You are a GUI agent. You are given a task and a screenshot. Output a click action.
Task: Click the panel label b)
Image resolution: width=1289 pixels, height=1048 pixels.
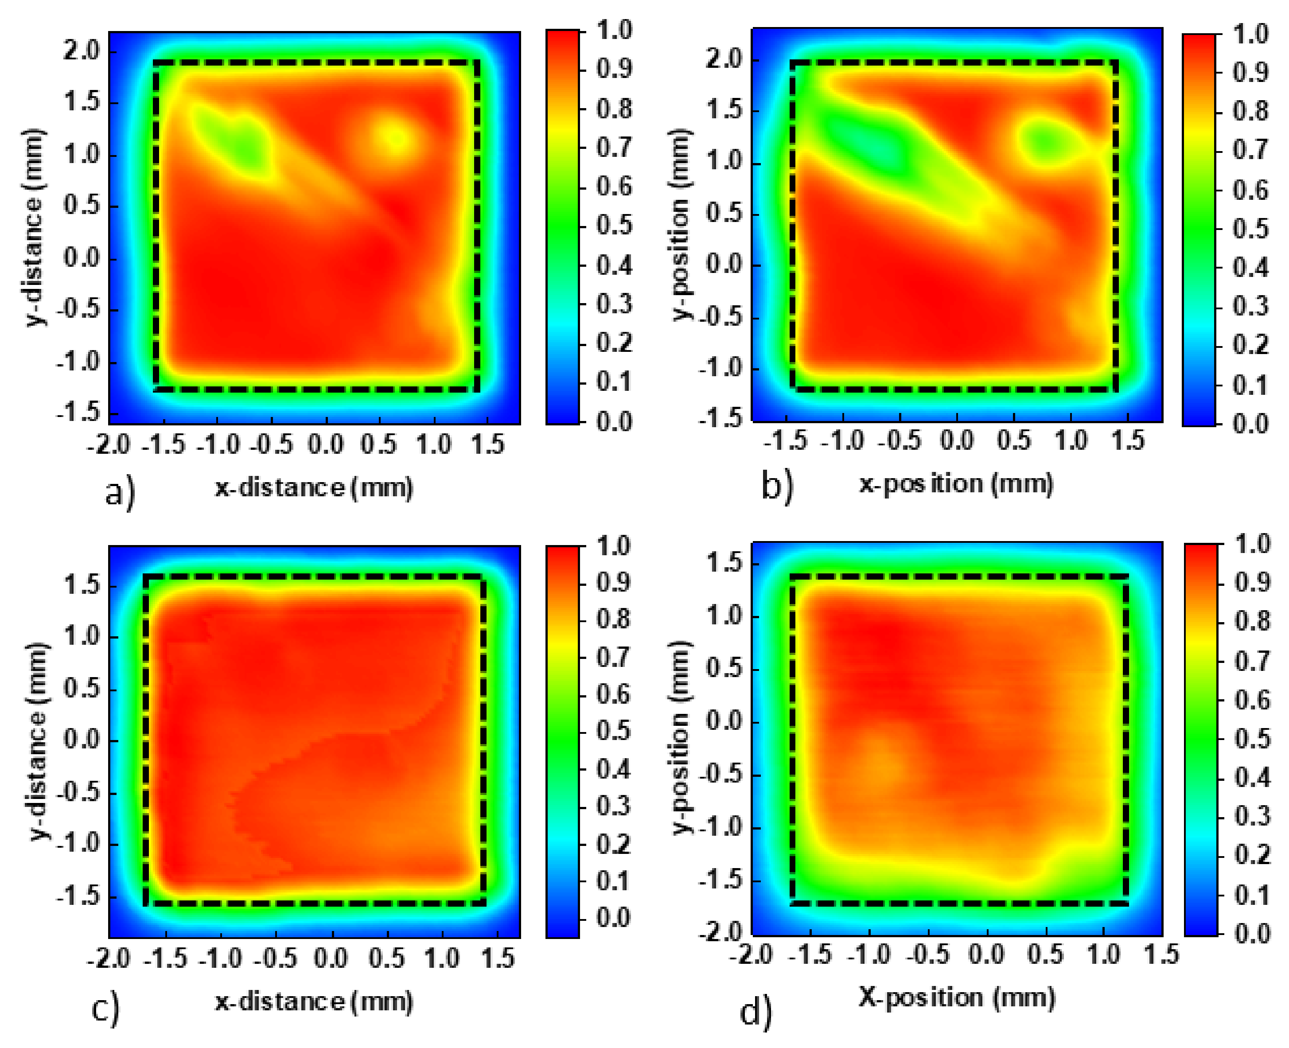pyautogui.click(x=776, y=486)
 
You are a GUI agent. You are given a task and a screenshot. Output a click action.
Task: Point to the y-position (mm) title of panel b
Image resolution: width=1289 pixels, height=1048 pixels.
pyautogui.click(x=681, y=223)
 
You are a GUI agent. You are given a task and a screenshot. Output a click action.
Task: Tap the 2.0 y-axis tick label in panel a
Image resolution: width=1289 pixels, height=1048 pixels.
pyautogui.click(x=83, y=50)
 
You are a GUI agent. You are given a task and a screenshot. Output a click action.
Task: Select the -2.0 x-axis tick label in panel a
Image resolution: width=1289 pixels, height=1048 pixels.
pyautogui.click(x=109, y=445)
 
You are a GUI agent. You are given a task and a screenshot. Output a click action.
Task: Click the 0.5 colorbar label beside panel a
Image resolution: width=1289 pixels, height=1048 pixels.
pyautogui.click(x=614, y=225)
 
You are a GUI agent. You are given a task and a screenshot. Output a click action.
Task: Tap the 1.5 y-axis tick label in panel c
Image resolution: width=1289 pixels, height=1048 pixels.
pyautogui.click(x=83, y=585)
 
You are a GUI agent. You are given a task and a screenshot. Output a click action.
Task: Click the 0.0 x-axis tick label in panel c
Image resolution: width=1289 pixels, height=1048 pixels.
pyautogui.click(x=331, y=958)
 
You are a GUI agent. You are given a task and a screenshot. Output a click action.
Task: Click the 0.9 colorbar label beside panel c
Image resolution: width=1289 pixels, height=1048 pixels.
pyautogui.click(x=614, y=583)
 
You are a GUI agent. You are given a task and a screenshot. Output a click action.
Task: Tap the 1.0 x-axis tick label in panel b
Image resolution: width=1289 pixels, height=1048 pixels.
pyautogui.click(x=1071, y=440)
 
